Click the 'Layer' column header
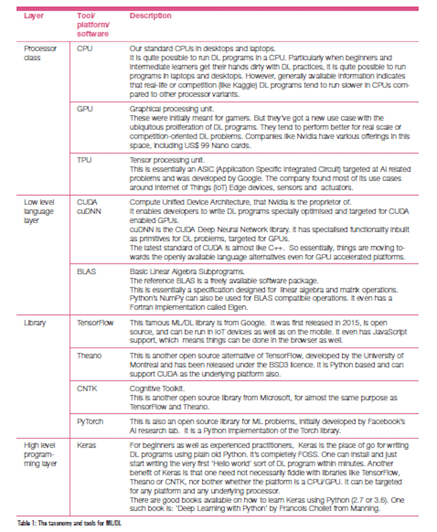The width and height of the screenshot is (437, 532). point(34,16)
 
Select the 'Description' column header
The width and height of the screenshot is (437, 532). point(150,16)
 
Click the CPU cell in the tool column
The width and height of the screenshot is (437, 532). point(84,48)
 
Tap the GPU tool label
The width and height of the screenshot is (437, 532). point(85,109)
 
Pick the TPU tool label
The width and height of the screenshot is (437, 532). point(84,160)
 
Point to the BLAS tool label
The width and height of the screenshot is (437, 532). point(87,271)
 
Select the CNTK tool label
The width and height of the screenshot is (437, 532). point(87,388)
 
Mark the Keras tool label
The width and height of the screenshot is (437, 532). point(87,446)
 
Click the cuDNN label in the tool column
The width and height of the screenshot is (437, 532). point(89,211)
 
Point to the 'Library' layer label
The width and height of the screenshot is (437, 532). point(34,323)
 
